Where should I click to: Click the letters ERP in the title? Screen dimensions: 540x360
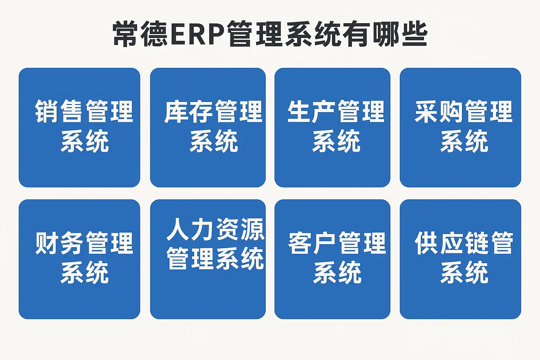(x=198, y=34)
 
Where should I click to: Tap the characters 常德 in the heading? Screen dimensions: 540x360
(x=140, y=34)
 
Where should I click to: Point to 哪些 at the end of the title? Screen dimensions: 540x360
(x=400, y=34)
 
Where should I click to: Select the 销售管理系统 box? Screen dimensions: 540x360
(x=79, y=127)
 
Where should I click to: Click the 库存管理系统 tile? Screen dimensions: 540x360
(x=208, y=127)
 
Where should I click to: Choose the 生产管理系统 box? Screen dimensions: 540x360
(x=332, y=127)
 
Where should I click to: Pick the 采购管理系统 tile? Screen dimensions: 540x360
(x=460, y=127)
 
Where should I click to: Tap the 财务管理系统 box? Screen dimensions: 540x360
(x=79, y=259)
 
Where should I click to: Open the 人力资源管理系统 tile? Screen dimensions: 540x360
(x=208, y=259)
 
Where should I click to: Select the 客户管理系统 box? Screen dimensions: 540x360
(x=332, y=259)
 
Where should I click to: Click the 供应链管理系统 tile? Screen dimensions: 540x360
(x=460, y=259)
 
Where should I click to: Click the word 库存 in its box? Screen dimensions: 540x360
(x=188, y=111)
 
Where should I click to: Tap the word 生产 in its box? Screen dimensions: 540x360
(x=311, y=111)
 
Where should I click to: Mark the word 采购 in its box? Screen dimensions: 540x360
(x=439, y=111)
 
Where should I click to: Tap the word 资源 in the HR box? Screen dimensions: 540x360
(x=240, y=229)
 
